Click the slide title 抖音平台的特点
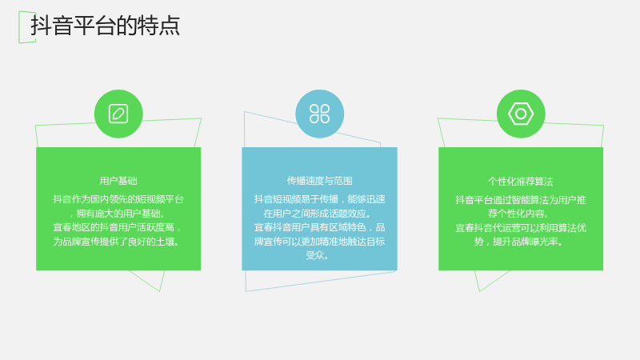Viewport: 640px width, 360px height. click(x=106, y=26)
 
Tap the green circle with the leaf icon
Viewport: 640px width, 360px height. click(x=118, y=114)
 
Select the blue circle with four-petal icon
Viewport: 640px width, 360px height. click(x=319, y=114)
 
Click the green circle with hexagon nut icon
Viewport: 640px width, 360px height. click(x=521, y=114)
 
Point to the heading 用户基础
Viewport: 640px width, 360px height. click(x=118, y=181)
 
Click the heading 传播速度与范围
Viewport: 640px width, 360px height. click(x=319, y=181)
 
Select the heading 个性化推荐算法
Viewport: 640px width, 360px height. click(x=521, y=182)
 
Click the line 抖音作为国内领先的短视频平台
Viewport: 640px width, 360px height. click(x=118, y=199)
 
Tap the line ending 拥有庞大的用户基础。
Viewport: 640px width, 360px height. click(x=118, y=214)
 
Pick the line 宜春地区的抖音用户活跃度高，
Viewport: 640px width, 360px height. click(x=118, y=227)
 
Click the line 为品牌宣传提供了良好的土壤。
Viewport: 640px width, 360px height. click(x=116, y=242)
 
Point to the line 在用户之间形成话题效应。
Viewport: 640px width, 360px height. click(x=318, y=214)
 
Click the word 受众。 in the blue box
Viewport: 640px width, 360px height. click(x=318, y=255)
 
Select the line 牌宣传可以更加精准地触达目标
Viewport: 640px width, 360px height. click(x=319, y=242)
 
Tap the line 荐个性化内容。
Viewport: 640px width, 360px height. click(x=518, y=214)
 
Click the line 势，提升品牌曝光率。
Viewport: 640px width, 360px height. click(x=518, y=242)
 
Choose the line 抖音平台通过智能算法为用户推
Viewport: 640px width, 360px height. click(x=521, y=199)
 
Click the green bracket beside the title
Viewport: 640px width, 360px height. click(x=27, y=27)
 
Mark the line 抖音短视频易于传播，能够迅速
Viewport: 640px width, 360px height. click(x=319, y=199)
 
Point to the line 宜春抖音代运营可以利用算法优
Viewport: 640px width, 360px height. click(x=521, y=228)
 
